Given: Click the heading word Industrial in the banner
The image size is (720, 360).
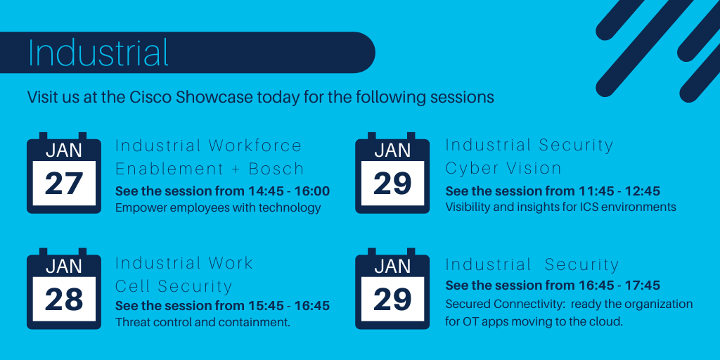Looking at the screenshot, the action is coord(98,52).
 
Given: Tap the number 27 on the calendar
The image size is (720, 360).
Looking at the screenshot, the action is coord(64,184).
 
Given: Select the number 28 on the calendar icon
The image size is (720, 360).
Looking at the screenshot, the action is coord(64,299).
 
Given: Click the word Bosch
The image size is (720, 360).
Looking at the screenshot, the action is coord(276,169).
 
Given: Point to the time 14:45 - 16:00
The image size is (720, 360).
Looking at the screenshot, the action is coord(289,191).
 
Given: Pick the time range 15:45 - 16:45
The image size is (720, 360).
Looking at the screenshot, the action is coord(289,305).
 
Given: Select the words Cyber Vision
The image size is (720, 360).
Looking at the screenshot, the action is coord(503,169).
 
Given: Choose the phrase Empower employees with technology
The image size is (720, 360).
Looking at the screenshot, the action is coord(218,207).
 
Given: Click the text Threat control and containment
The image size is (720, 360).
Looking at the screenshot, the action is coord(202,322).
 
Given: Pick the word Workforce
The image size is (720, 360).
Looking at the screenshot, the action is coord(255,146).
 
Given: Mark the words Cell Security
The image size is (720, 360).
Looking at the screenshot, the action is coord(174,286).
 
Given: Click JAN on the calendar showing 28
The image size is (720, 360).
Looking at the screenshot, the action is coord(64,266).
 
